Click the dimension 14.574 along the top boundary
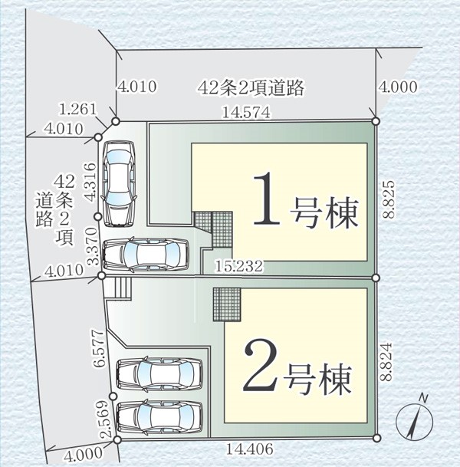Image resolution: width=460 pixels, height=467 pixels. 246,112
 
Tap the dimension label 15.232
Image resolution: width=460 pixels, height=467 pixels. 239,266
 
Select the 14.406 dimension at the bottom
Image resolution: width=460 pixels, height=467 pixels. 249,449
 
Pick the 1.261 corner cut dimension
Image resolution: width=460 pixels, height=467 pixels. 78,110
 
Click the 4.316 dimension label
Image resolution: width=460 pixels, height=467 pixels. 90,182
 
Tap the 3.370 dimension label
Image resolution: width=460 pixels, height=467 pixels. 92,246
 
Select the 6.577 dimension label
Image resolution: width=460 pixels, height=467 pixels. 99,348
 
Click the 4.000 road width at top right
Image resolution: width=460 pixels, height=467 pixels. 398,87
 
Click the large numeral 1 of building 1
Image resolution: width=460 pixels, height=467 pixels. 267,198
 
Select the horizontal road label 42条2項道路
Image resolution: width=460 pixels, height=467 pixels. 251,87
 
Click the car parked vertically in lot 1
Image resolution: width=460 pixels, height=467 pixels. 119,183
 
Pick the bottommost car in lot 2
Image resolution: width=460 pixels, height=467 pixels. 160,416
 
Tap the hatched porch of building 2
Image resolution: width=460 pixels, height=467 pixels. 227,304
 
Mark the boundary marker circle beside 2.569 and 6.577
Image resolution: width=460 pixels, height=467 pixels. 113,396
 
